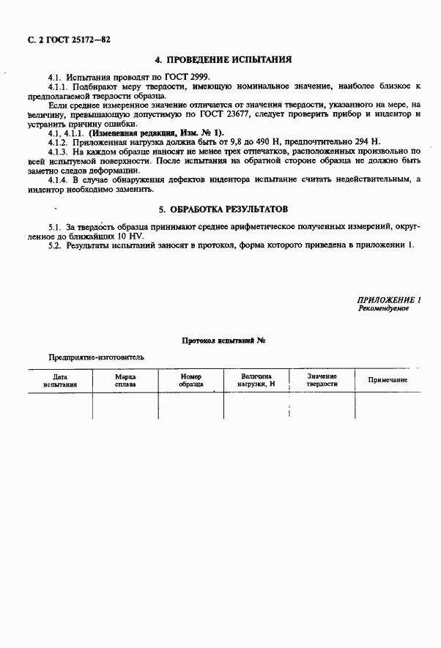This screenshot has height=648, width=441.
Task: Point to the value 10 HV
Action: click(x=130, y=237)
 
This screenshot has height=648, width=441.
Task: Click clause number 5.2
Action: click(x=53, y=246)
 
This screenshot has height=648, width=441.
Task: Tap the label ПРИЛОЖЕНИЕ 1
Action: click(x=388, y=300)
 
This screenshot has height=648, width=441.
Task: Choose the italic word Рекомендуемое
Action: click(x=383, y=309)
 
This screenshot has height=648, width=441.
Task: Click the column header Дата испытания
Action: click(x=59, y=379)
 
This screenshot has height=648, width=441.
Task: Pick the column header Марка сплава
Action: click(x=125, y=379)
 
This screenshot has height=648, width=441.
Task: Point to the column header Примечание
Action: click(x=388, y=380)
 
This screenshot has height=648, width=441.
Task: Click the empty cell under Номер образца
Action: click(x=190, y=406)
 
